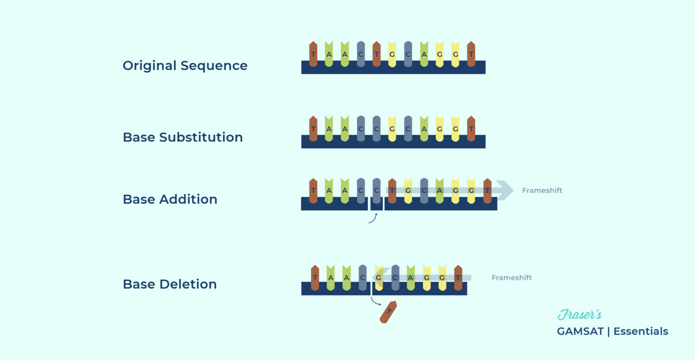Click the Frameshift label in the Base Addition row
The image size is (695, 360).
(542, 191)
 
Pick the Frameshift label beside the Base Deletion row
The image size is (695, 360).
(512, 278)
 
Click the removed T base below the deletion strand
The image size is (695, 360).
(388, 312)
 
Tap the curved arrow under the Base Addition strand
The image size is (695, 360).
(373, 218)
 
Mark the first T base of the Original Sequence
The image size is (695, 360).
(313, 54)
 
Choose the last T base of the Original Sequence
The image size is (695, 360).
(471, 54)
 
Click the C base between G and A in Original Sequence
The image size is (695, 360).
(408, 54)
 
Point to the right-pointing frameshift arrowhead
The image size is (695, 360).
(505, 190)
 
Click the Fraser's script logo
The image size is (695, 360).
(579, 315)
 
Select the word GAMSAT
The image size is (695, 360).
(580, 331)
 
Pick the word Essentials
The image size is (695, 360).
(640, 331)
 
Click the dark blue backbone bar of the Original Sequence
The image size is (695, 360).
(393, 68)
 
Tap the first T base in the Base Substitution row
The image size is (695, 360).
(313, 129)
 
